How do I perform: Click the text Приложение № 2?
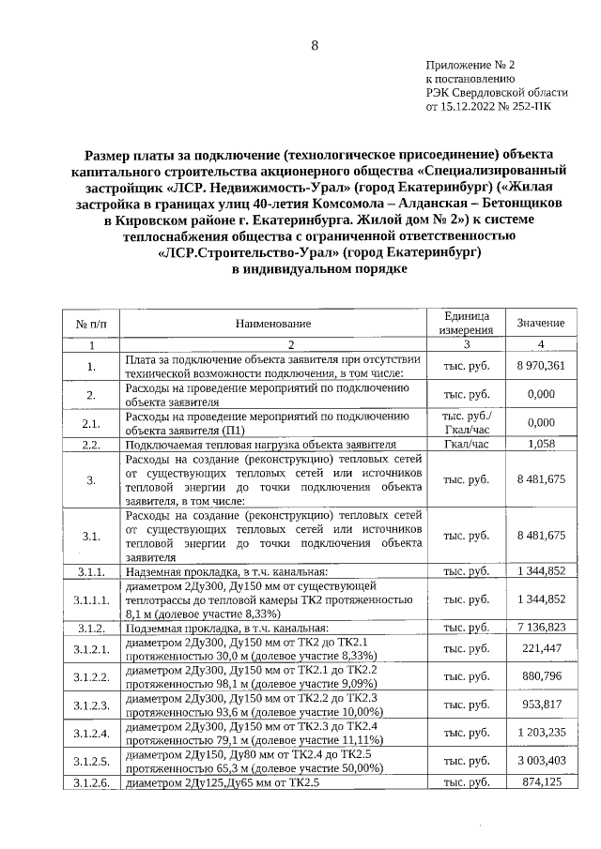click(x=470, y=66)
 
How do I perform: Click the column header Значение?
click(x=541, y=323)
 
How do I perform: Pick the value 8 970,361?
click(x=541, y=366)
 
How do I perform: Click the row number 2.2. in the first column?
click(x=91, y=444)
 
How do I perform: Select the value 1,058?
click(x=541, y=444)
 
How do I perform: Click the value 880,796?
click(x=541, y=676)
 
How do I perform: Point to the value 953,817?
click(x=541, y=705)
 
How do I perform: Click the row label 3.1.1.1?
click(x=91, y=599)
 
